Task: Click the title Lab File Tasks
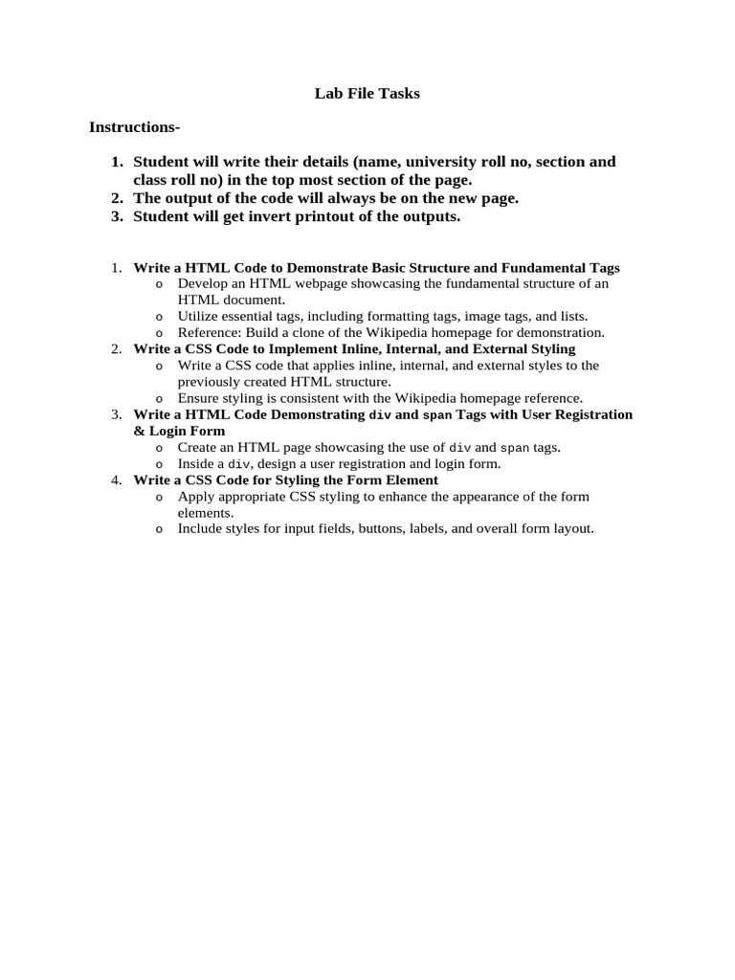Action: (x=367, y=94)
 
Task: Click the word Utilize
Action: (x=198, y=316)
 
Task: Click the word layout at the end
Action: (x=571, y=527)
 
